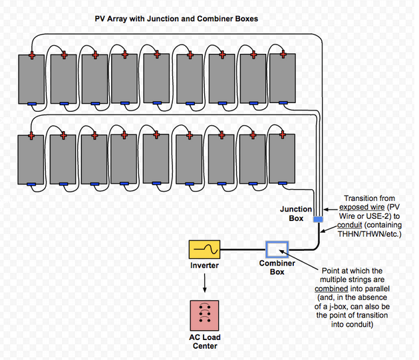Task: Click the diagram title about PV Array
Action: [176, 19]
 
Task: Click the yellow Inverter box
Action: [204, 250]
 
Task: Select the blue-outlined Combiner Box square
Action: [277, 250]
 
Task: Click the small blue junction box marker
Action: [318, 219]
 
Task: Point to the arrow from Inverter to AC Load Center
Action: [205, 283]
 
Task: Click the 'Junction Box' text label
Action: [291, 214]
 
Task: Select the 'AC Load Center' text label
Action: [205, 342]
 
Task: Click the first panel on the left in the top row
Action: [31, 79]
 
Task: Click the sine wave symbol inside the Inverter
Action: [204, 250]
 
